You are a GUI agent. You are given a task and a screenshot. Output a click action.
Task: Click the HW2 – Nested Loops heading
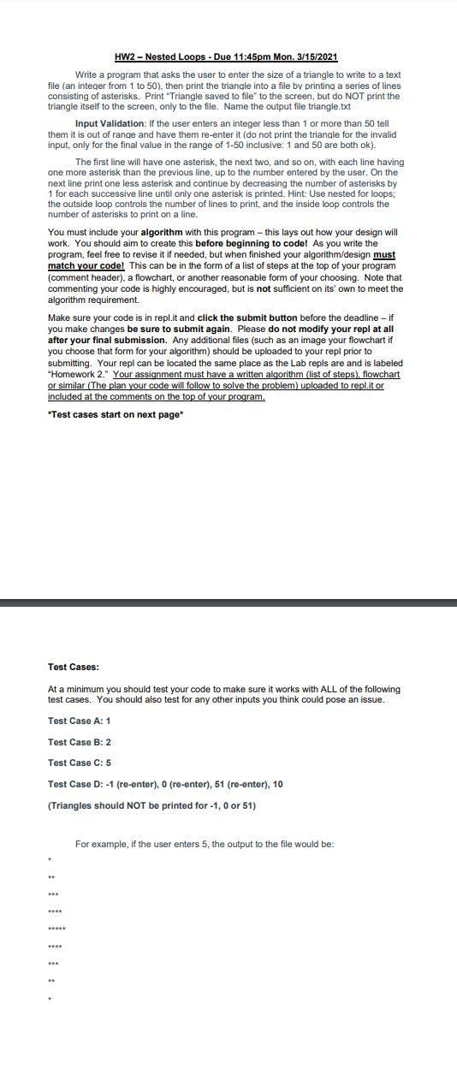(x=226, y=56)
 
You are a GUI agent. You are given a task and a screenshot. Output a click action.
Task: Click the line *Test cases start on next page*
(x=116, y=413)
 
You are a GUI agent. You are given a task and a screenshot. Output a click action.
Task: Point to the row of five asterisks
(x=56, y=928)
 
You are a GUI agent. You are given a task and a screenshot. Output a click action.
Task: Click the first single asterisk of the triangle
(x=50, y=857)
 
